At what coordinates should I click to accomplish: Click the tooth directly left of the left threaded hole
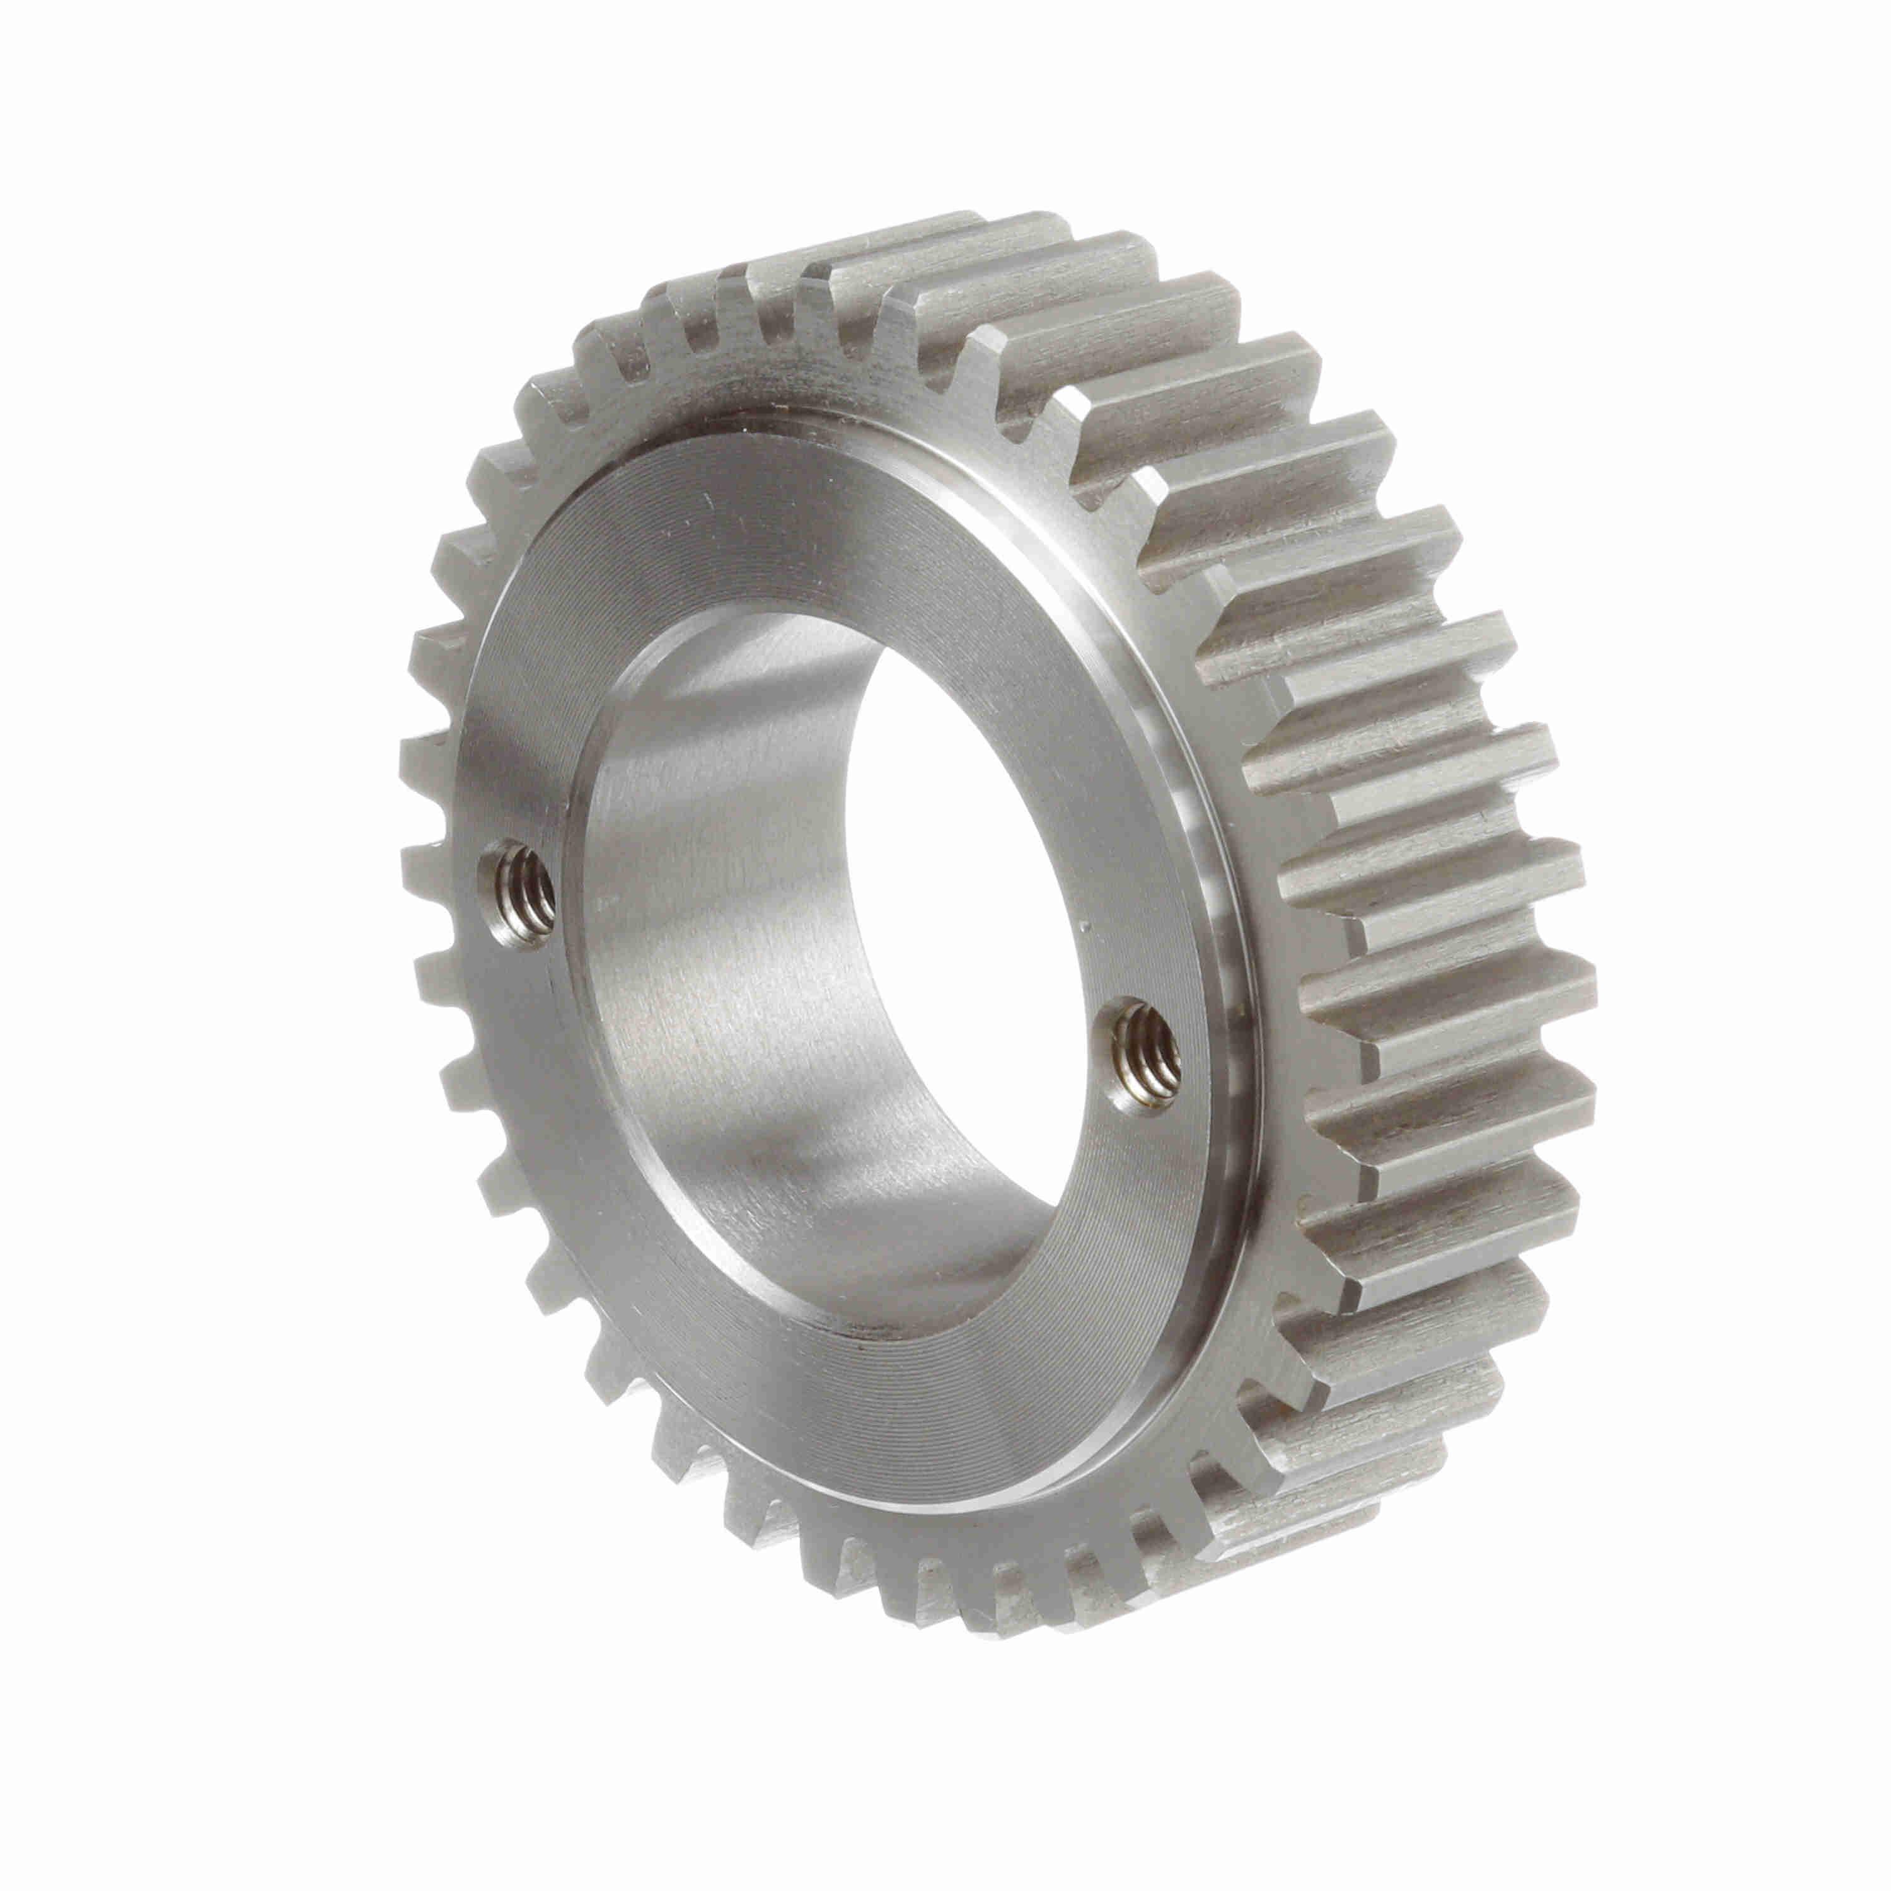431,866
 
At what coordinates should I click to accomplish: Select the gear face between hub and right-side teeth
1273,881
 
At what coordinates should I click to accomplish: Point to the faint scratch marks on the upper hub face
705,509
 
